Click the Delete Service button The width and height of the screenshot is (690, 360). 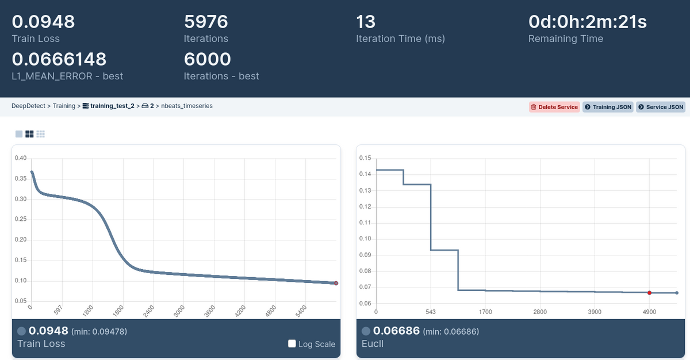point(554,107)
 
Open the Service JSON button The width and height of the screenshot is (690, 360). point(660,107)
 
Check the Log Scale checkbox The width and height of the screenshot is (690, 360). point(292,344)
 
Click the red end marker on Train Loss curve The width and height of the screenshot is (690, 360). point(336,283)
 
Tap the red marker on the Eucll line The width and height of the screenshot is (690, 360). point(649,293)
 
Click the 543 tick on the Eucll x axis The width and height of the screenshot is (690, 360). point(431,312)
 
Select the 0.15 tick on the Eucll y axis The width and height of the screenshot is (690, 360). point(364,158)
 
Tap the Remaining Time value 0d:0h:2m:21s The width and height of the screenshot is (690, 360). point(588,22)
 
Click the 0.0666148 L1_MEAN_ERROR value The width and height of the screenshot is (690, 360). point(59,59)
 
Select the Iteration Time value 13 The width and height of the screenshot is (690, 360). point(366,22)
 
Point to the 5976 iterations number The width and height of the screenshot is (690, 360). point(206,22)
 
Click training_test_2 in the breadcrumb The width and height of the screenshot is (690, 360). point(112,106)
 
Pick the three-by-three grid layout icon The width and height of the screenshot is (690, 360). point(40,134)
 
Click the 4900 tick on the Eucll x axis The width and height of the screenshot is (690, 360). point(649,312)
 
